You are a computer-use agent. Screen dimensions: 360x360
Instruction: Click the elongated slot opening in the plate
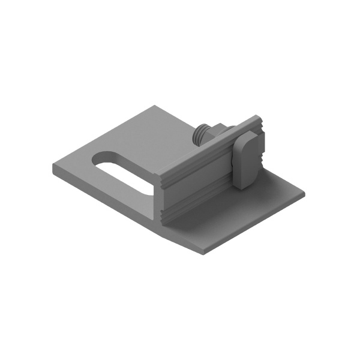[x=123, y=171]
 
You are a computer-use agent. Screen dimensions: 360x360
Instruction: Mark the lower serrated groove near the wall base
[x=198, y=197]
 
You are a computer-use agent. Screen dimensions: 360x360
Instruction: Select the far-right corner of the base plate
[x=305, y=195]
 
